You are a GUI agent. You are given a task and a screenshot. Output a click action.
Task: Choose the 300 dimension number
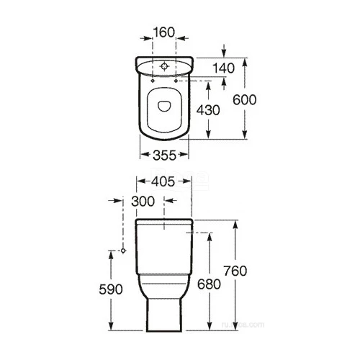(x=145, y=202)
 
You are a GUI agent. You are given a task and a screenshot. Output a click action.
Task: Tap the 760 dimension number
(x=255, y=271)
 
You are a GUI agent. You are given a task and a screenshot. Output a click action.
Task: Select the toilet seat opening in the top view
(x=164, y=106)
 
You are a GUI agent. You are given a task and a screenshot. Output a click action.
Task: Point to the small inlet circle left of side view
(x=124, y=251)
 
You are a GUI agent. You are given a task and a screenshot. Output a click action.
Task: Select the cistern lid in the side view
(x=164, y=220)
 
